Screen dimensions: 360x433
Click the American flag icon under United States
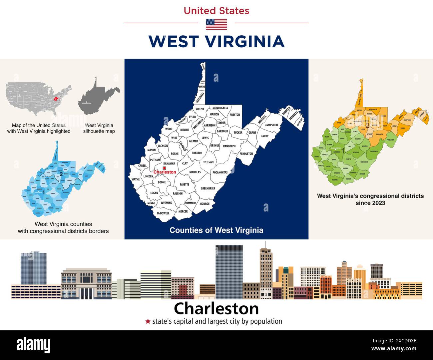click(216, 24)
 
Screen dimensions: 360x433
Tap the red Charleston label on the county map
click(165, 172)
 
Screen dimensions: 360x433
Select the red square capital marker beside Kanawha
click(164, 168)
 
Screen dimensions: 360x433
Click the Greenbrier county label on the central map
click(208, 188)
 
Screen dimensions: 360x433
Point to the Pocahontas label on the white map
click(220, 173)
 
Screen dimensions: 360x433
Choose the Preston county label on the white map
click(234, 115)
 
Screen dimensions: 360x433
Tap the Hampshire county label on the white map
click(271, 125)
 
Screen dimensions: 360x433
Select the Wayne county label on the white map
click(136, 180)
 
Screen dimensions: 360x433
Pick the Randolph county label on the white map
click(229, 146)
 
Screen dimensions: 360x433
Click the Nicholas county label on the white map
click(195, 172)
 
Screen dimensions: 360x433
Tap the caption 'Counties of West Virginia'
click(216, 230)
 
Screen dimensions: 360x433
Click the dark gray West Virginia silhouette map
click(97, 98)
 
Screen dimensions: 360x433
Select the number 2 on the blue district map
click(61, 174)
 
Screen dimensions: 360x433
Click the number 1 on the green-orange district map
click(343, 152)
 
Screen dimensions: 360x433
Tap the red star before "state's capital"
click(148, 321)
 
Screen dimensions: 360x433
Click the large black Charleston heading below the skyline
click(216, 309)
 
